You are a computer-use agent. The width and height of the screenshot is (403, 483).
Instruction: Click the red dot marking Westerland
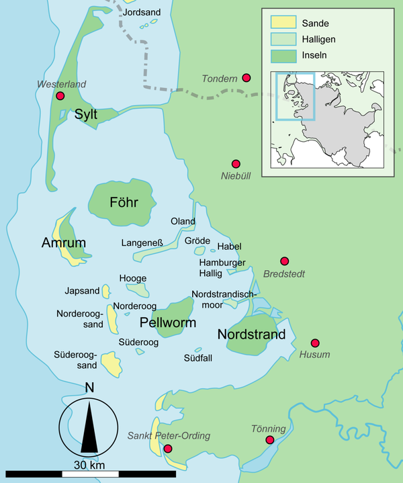point(60,96)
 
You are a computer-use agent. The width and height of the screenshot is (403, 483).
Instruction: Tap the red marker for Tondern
point(247,78)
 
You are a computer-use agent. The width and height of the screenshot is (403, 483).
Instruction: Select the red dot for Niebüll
point(236,164)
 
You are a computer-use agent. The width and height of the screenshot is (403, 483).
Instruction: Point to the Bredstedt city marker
point(284,261)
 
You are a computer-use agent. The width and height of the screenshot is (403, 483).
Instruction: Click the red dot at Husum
point(313,342)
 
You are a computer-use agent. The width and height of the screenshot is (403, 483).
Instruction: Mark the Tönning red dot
point(269,440)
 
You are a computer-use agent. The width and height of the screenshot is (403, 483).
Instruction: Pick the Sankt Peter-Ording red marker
point(168,448)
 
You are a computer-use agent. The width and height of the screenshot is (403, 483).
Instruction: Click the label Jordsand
point(142,11)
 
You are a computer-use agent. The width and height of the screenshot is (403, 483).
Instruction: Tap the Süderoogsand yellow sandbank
point(111,363)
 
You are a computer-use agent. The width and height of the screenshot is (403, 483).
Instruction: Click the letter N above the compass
point(89,388)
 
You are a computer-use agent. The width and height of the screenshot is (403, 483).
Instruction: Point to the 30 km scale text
point(89,466)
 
